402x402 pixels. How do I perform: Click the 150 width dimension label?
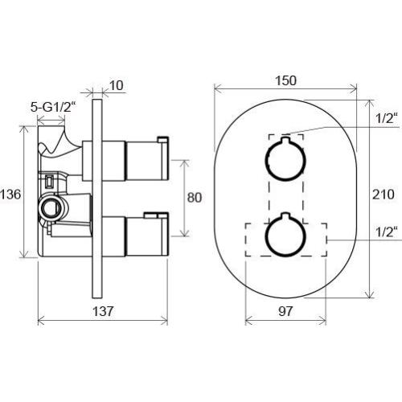tap(286, 80)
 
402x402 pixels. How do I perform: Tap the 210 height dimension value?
tap(383, 195)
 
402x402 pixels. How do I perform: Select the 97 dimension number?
tap(285, 311)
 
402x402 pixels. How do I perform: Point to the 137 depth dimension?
tap(103, 311)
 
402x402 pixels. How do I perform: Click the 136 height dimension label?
tap(10, 195)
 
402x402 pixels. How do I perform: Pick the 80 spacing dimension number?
tap(195, 198)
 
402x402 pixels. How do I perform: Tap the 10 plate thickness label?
tap(117, 86)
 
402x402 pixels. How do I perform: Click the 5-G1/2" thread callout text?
tap(53, 108)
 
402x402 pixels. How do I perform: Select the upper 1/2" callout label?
tap(386, 118)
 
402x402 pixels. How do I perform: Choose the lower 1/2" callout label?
tap(386, 232)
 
